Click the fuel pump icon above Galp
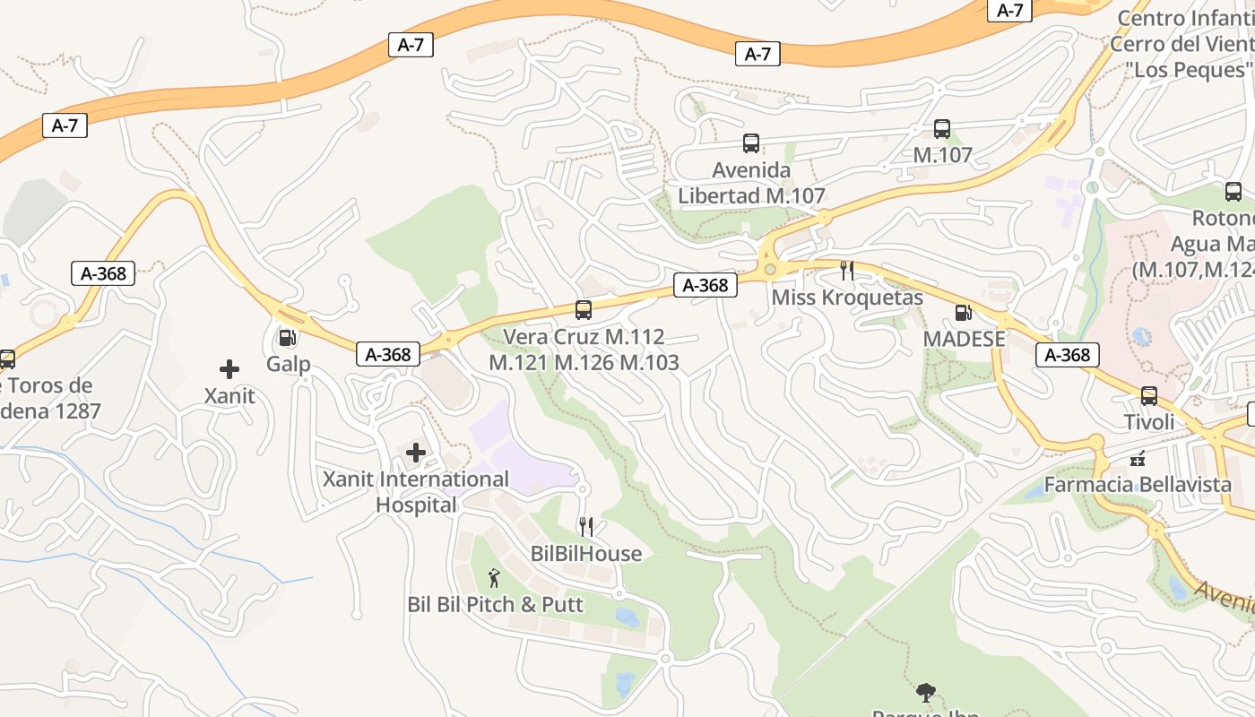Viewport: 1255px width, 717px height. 288,338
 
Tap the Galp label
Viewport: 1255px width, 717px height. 288,364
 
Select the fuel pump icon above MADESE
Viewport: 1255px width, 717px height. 964,313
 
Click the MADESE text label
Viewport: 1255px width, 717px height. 964,340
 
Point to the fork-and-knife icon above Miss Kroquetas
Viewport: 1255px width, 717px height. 847,271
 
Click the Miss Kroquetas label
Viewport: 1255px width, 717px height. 847,298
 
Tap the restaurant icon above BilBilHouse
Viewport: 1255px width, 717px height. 586,527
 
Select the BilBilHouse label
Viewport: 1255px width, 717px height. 586,554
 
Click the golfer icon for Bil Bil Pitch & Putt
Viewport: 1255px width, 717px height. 494,578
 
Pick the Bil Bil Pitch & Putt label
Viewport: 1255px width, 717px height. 495,605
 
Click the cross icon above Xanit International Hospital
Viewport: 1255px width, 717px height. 416,453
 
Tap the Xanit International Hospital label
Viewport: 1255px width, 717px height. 416,492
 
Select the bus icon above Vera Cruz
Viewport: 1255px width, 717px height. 584,310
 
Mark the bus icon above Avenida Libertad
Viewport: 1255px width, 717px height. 751,143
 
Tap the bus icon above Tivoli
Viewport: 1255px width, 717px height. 1149,396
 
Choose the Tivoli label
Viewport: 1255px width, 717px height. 1149,422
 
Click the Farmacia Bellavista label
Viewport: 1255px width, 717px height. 1138,485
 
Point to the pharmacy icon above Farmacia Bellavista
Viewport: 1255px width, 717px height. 1138,459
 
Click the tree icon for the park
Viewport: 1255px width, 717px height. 926,692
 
